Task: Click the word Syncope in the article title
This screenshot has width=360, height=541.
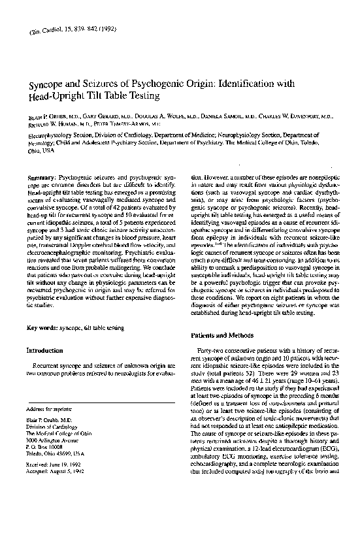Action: [46, 86]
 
